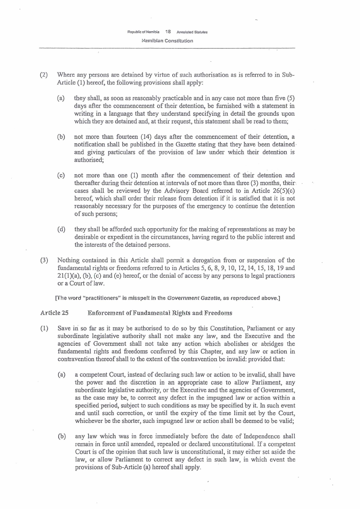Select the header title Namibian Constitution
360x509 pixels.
[x=167, y=41]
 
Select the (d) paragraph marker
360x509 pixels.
[x=61, y=229]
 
